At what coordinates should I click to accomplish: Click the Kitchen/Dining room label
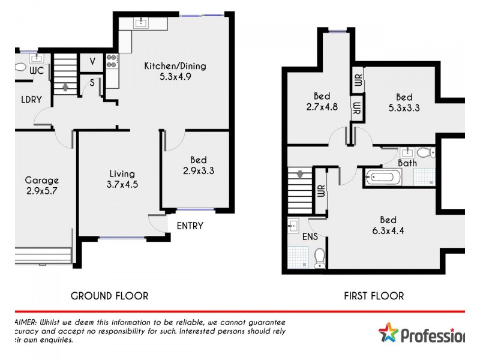[167, 71]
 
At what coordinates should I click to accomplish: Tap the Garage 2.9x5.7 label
[41, 185]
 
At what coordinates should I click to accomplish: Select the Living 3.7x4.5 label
[122, 179]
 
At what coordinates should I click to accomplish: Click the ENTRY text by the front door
[190, 226]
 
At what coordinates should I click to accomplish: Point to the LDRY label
[31, 100]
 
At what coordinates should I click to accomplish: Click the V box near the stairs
[92, 61]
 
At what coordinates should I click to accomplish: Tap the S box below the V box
[92, 83]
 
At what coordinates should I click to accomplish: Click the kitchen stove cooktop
[112, 61]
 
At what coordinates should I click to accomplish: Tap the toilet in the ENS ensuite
[320, 256]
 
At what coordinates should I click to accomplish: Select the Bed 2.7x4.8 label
[322, 101]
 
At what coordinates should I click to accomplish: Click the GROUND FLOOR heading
[109, 296]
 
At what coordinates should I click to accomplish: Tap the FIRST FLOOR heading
[373, 296]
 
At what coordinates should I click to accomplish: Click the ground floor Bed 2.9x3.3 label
[198, 165]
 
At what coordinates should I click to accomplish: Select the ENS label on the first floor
[310, 236]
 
